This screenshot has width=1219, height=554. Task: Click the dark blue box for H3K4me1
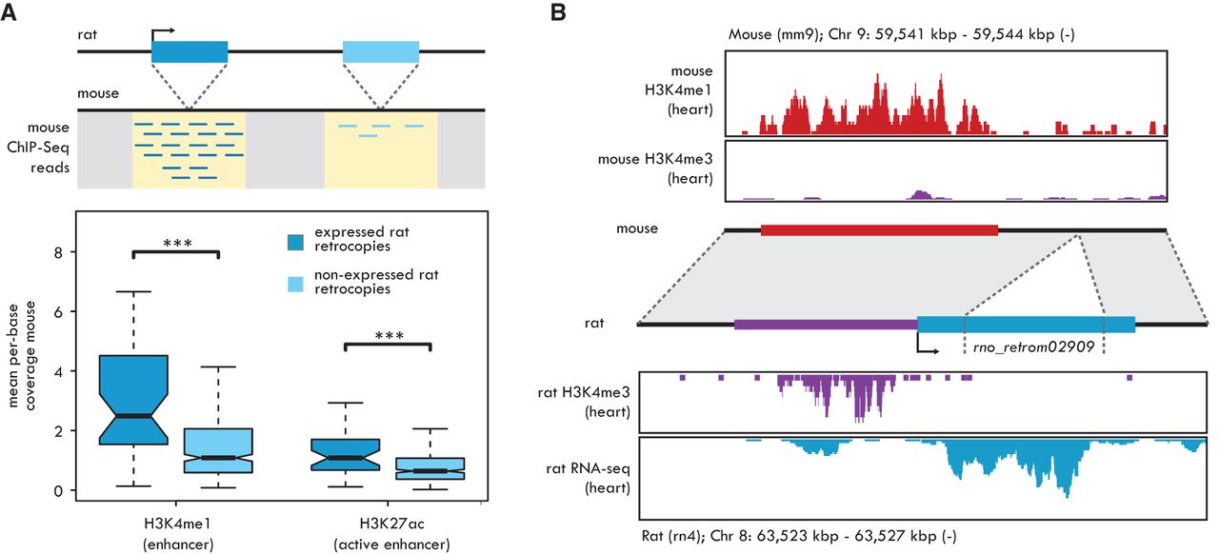pyautogui.click(x=133, y=400)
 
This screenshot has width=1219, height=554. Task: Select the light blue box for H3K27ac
pyautogui.click(x=431, y=468)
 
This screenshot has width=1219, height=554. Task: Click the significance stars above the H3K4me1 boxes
pyautogui.click(x=176, y=244)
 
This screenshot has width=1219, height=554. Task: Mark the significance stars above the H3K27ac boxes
pyautogui.click(x=387, y=336)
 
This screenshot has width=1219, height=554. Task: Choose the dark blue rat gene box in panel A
pyautogui.click(x=190, y=51)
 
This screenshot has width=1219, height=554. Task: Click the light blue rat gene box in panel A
pyautogui.click(x=381, y=51)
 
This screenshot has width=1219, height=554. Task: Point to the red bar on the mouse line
pyautogui.click(x=879, y=229)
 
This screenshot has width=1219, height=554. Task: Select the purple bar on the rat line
pyautogui.click(x=825, y=325)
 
